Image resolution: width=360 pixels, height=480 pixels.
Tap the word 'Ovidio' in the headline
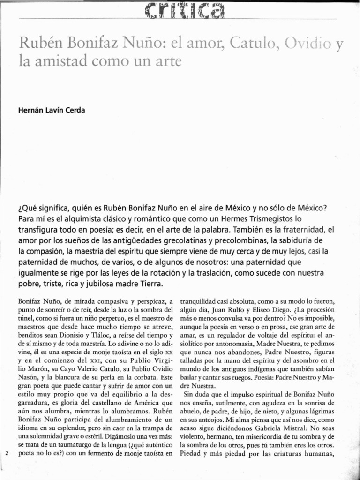click(x=307, y=45)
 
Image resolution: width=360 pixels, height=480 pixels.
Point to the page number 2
click(x=7, y=454)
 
